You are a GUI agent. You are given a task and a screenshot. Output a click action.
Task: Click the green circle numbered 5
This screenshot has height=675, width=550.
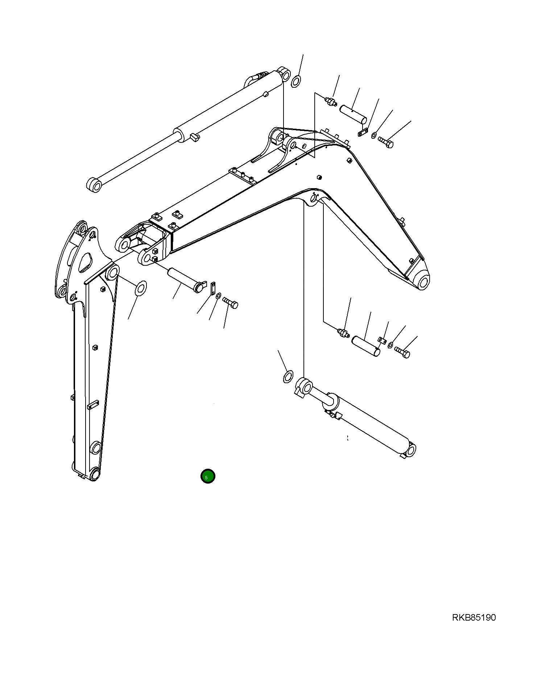pos(208,476)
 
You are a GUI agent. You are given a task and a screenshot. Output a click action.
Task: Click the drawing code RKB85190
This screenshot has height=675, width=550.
pos(474,617)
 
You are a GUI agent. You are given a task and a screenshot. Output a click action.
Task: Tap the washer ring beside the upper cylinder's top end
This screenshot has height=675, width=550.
pos(295,82)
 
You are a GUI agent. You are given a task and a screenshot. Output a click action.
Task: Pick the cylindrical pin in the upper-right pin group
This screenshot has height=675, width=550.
pos(353,114)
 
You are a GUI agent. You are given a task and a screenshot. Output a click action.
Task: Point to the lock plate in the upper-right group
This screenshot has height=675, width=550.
pos(363,133)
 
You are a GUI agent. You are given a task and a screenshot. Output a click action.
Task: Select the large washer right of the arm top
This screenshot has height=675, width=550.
pos(140,288)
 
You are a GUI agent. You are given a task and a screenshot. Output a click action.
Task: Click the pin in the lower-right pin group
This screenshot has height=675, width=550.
pos(367,346)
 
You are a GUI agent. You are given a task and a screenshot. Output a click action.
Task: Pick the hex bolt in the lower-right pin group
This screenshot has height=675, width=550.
pos(402,352)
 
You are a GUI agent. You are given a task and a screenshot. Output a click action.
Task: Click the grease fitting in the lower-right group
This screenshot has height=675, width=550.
pos(343,332)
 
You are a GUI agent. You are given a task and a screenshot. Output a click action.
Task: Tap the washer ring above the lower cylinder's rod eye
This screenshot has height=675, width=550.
pos(288,377)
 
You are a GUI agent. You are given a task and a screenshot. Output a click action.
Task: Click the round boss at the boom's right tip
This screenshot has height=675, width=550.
pos(423,282)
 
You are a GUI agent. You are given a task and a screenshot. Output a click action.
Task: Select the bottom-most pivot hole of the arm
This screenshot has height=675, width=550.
pos(95,474)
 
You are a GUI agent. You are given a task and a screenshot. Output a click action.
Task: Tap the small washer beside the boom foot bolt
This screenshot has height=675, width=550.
pos(218,297)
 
